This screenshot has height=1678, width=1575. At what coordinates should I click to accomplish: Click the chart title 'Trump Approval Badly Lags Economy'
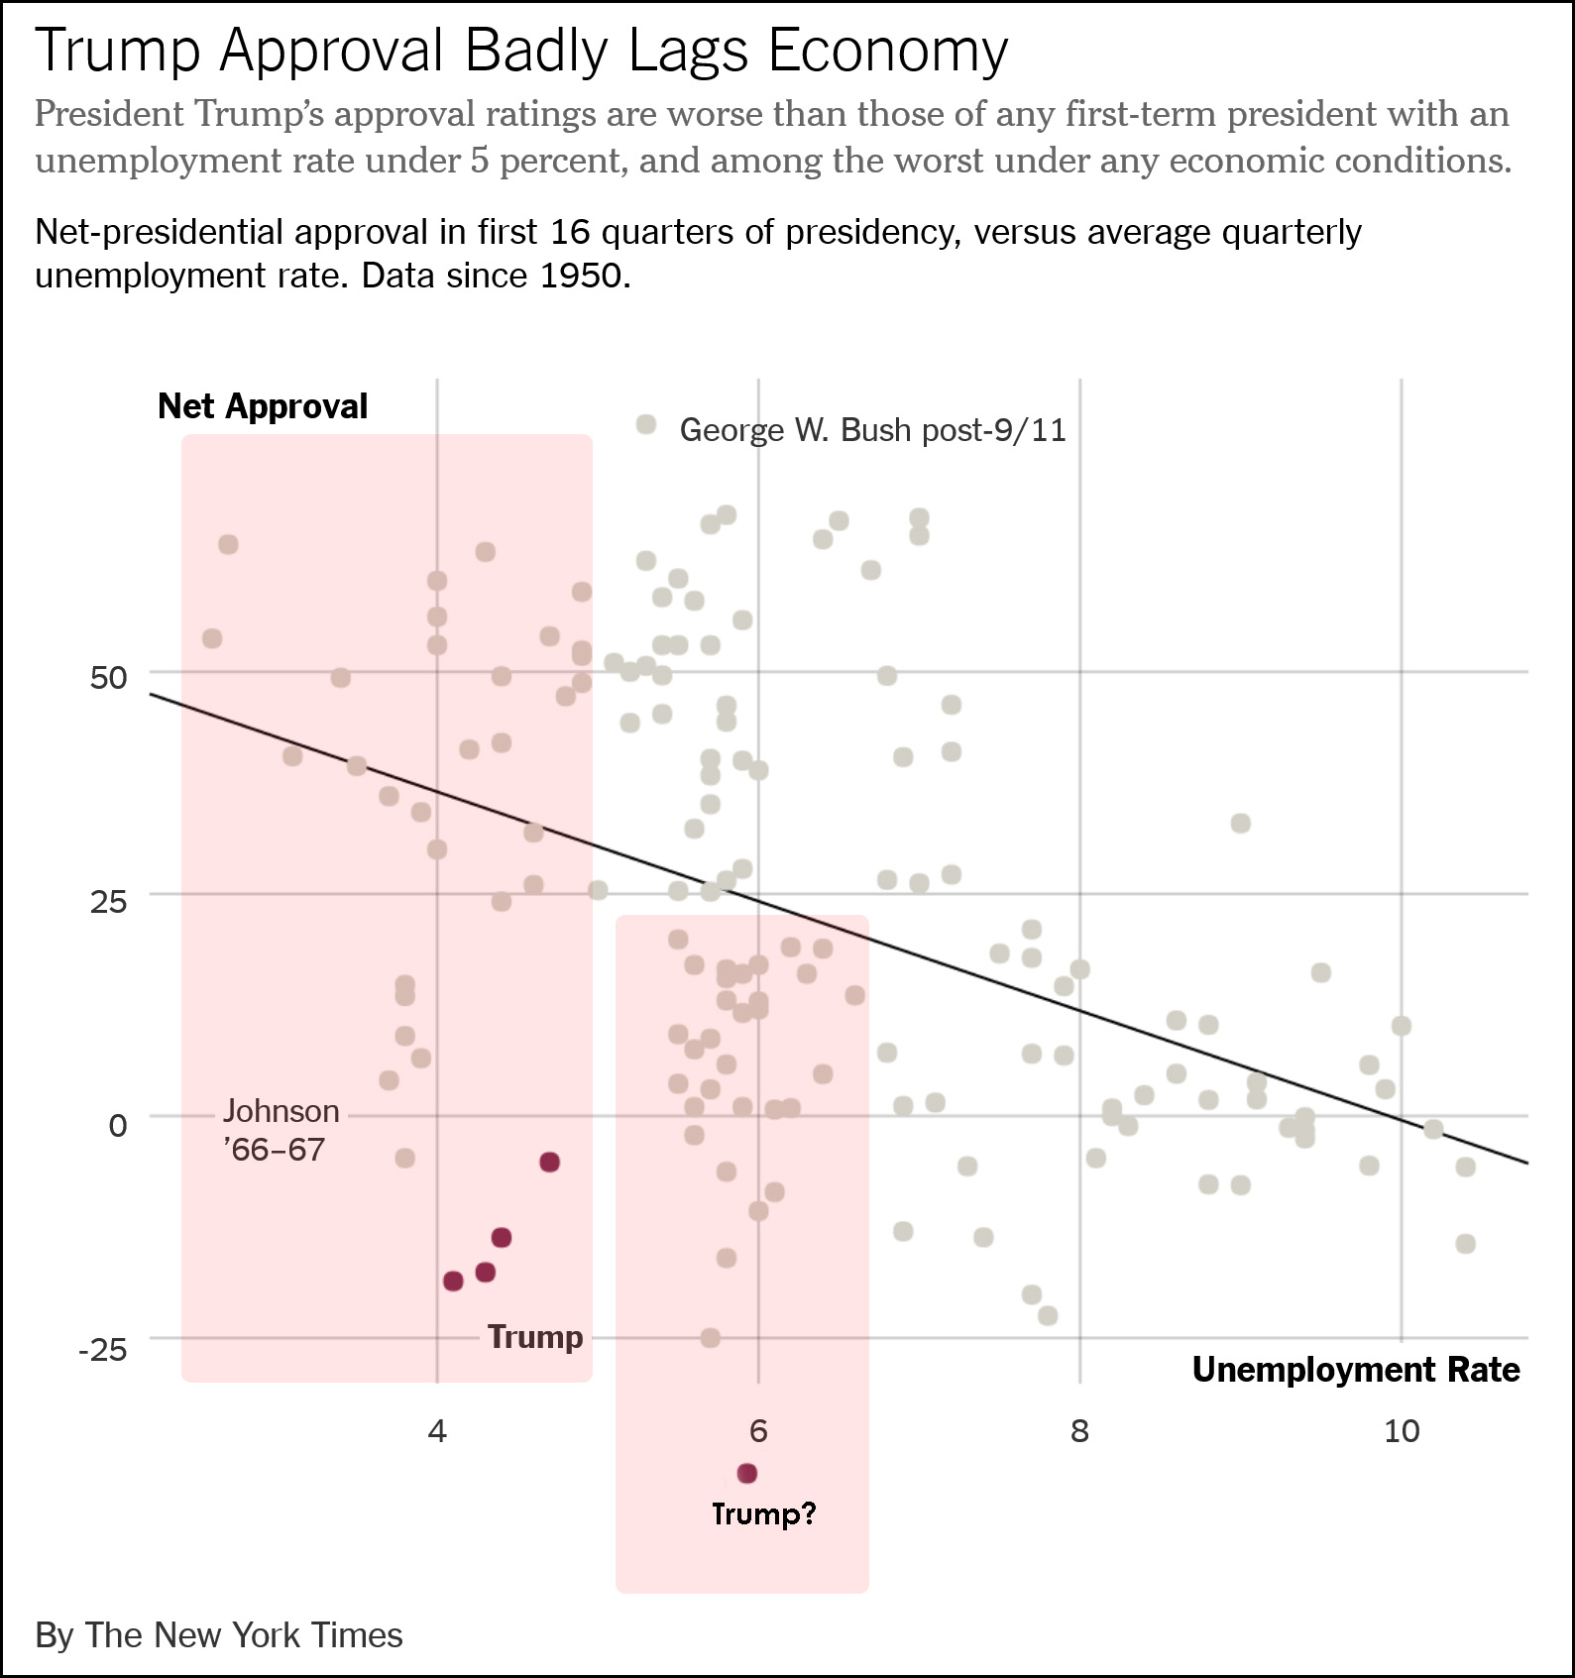pos(521,52)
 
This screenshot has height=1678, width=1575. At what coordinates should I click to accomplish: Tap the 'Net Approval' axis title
pos(263,406)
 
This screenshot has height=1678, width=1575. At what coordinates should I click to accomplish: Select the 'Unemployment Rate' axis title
pos(1355,1370)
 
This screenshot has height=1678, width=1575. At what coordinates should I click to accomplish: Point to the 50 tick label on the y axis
pos(109,678)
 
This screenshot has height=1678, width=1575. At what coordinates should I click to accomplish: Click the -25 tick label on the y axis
pos(103,1349)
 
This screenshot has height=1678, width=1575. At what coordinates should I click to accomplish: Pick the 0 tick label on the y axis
pos(118,1126)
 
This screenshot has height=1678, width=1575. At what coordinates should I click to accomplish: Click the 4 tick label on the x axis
pos(437,1430)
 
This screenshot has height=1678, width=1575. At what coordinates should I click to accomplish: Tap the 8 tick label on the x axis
pos(1079,1430)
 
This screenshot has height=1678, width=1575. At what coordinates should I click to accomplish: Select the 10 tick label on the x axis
pos(1402,1430)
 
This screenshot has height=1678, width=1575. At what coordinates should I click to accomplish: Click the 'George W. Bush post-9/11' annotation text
pos(872,430)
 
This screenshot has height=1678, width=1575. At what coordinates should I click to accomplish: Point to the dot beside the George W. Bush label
pos(646,425)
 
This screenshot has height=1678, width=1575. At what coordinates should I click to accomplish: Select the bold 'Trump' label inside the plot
pos(535,1337)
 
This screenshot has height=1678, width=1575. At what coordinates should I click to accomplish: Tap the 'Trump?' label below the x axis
pos(763,1513)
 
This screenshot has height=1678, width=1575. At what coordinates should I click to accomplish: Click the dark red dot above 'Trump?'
pos(747,1474)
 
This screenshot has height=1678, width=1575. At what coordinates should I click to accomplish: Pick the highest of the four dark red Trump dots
pos(550,1162)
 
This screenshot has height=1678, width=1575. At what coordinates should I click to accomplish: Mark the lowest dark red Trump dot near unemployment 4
pos(453,1282)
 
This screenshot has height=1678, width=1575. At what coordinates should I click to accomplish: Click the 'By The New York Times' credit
pos(219,1635)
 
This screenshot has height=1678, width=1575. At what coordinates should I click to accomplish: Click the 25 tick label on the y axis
pos(109,902)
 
